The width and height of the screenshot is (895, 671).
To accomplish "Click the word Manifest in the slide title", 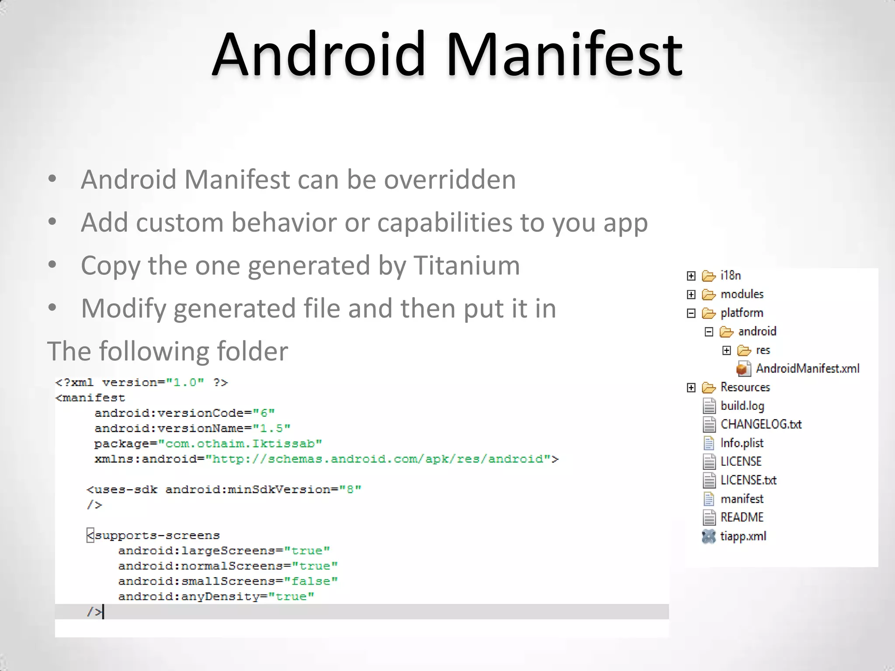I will [x=564, y=55].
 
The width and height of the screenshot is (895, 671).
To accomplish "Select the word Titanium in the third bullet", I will [x=466, y=265].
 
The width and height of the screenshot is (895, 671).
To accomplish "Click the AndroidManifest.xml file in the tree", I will [x=807, y=369].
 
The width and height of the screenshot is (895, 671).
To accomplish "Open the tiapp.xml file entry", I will [x=743, y=536].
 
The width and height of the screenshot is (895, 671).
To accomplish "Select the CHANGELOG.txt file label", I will [x=761, y=424].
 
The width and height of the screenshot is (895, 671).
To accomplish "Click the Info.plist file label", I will [x=742, y=443].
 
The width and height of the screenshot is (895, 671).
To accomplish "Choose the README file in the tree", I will [x=742, y=517].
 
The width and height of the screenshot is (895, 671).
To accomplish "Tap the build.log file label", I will [x=742, y=406].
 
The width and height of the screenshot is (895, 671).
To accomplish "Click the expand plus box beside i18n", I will [x=691, y=276].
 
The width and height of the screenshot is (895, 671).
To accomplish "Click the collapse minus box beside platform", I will [x=691, y=313].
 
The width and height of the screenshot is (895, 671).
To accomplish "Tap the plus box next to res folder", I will [x=726, y=350].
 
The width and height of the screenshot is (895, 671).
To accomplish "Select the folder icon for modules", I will [x=708, y=295].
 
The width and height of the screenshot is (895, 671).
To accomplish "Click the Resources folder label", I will [x=745, y=387].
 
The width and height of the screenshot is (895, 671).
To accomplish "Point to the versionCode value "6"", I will [x=264, y=413].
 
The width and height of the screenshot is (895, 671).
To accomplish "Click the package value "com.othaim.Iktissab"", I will [x=240, y=444].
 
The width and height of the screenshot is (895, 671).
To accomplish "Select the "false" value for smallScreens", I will [x=311, y=581].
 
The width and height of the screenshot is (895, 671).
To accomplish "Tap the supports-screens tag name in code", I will [x=157, y=536].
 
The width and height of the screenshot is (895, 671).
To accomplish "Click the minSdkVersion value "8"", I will [x=350, y=490].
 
